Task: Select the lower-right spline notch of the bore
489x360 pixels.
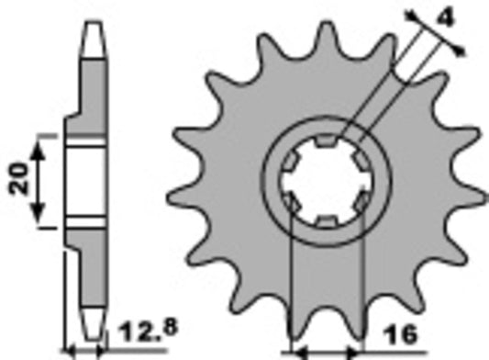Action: (361, 200)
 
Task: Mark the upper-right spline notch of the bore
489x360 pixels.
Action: (361, 161)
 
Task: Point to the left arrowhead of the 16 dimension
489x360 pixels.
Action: (297, 350)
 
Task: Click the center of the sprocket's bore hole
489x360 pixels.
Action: (327, 181)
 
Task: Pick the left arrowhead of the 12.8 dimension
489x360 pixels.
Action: (67, 350)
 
